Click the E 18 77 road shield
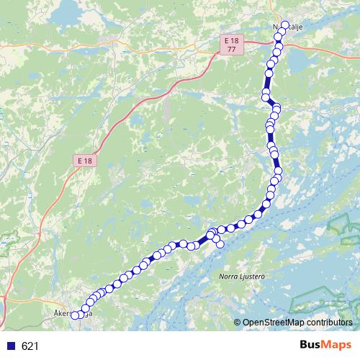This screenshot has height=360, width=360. [230, 45]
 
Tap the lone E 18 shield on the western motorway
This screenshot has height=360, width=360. [85, 160]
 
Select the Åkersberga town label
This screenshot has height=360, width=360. [74, 314]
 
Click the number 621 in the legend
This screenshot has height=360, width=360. [30, 346]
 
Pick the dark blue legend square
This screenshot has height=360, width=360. [10, 346]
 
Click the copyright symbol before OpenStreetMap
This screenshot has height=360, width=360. [237, 323]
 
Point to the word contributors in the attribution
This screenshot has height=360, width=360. [328, 323]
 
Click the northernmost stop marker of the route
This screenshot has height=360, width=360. [285, 26]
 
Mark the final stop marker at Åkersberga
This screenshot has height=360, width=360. [74, 315]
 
